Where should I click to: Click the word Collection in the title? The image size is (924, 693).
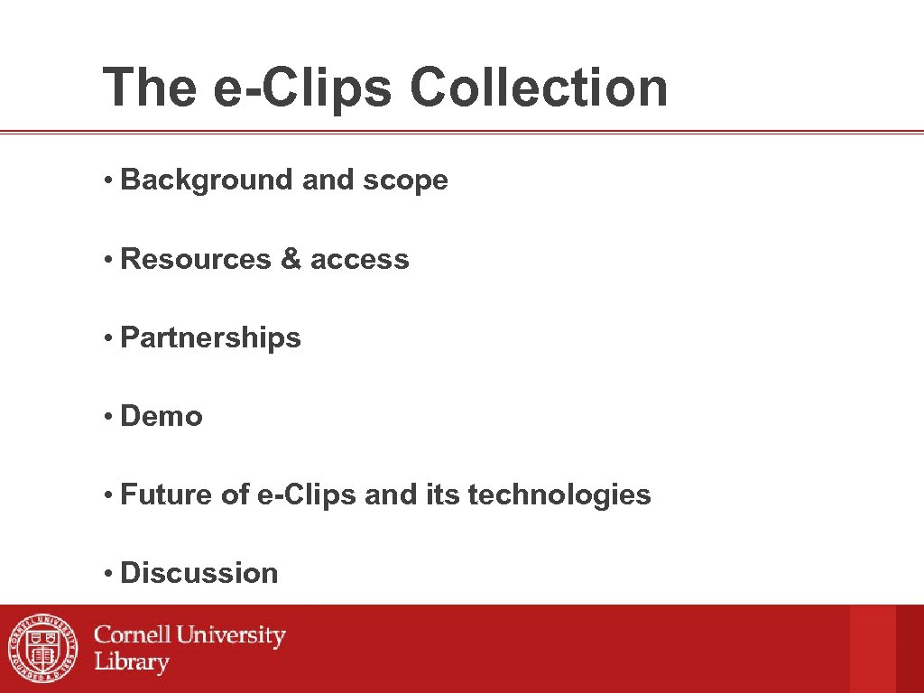539,88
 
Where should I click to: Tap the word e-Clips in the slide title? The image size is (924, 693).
302,88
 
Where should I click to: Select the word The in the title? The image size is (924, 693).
150,88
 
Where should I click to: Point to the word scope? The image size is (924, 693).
405,180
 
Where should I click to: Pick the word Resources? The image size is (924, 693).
196,259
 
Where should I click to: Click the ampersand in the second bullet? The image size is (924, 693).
291,259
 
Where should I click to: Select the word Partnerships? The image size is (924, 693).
210,337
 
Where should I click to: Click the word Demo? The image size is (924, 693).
162,416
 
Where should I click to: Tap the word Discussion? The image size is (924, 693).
199,573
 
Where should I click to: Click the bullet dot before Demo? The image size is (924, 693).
106,417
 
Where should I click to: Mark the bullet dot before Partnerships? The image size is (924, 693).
106,338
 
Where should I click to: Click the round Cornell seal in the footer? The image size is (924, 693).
43,649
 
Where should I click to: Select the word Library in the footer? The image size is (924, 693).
132,662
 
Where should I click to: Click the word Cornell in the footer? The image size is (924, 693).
134,635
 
